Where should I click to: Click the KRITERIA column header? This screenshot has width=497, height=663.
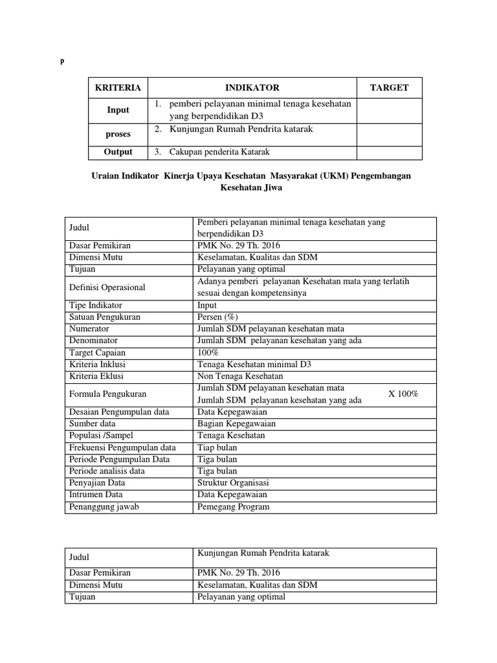[118, 87]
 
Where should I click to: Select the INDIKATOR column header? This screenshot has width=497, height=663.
[252, 87]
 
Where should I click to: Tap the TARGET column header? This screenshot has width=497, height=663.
[389, 87]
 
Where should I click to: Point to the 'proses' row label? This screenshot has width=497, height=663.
[118, 134]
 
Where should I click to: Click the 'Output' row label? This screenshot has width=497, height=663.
[118, 152]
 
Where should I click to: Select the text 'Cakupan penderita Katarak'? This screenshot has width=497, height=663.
[219, 152]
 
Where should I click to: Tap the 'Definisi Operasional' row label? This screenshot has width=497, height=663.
[107, 287]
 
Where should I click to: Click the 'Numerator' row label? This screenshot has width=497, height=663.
[89, 328]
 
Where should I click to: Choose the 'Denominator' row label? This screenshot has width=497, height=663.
[93, 341]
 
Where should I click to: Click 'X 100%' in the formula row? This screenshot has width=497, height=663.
[403, 394]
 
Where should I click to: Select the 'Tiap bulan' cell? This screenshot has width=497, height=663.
[217, 447]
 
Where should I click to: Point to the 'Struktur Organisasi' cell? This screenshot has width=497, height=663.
[234, 483]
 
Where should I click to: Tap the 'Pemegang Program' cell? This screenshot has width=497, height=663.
[233, 507]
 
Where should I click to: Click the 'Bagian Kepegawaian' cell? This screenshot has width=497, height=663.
[236, 423]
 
